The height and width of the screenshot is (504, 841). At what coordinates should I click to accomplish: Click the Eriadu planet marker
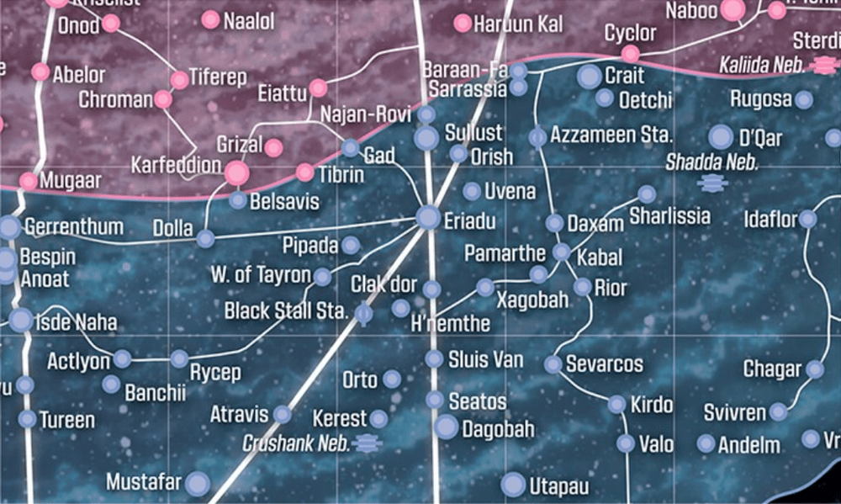428,218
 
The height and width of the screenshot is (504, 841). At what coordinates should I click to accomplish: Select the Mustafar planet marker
197,483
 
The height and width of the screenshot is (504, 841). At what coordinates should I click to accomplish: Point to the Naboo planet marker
733,10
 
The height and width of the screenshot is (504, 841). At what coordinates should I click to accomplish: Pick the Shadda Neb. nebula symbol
712,182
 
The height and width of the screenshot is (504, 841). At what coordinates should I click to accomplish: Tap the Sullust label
473,133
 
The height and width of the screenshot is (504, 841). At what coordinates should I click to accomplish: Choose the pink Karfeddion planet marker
237,173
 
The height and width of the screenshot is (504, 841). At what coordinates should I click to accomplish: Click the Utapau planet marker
513,485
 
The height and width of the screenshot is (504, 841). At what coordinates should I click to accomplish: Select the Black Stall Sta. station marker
363,315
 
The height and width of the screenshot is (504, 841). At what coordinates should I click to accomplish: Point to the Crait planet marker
590,77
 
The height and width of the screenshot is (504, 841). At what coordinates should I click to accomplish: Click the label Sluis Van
485,360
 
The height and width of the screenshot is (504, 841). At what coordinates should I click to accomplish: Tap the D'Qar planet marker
721,137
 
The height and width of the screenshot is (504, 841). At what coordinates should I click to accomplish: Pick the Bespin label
47,257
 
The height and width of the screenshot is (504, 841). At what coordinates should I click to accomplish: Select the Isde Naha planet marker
21,320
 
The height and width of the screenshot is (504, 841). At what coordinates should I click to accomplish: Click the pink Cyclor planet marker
630,54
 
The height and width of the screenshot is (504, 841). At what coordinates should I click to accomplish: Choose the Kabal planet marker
561,252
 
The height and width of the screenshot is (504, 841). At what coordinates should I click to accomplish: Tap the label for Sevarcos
604,365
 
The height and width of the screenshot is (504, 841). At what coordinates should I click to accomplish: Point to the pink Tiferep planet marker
179,80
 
